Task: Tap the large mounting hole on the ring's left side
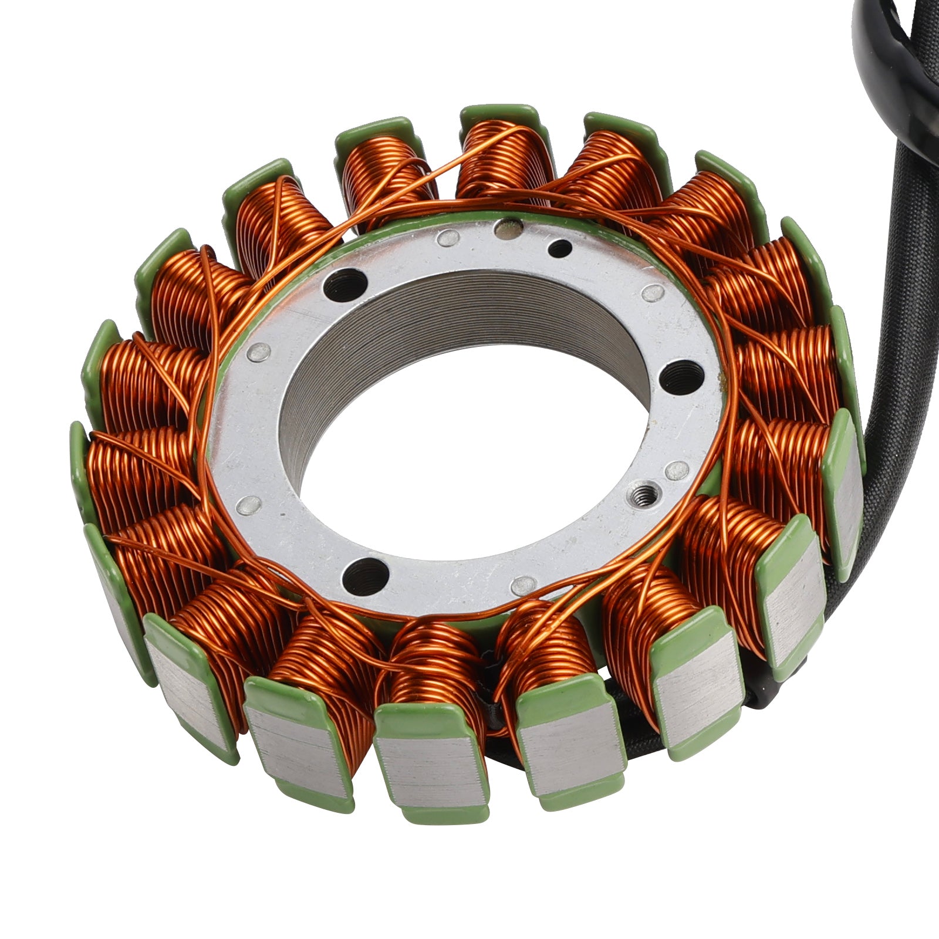344,283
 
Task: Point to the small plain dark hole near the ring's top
559,248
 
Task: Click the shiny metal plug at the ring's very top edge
508,227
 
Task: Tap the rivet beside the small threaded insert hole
676,468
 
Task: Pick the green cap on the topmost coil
499,114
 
